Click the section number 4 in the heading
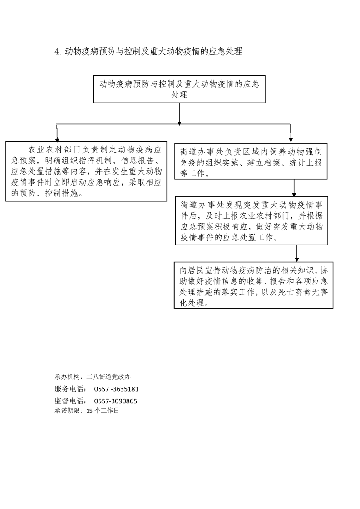pyautogui.click(x=57, y=52)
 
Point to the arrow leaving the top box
pyautogui.click(x=179, y=114)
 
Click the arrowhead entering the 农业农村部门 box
pyautogui.click(x=57, y=138)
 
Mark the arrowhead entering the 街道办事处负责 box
pyautogui.click(x=291, y=141)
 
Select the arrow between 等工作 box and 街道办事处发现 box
pyautogui.click(x=294, y=188)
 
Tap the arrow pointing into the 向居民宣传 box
pyautogui.click(x=296, y=253)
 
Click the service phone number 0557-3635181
pyautogui.click(x=116, y=389)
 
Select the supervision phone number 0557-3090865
pyautogui.click(x=116, y=401)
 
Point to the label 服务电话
pyautogui.click(x=70, y=389)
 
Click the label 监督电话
pyautogui.click(x=70, y=401)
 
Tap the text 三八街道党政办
pyautogui.click(x=108, y=377)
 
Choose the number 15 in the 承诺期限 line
pyautogui.click(x=89, y=411)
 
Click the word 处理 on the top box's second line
pyautogui.click(x=179, y=95)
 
